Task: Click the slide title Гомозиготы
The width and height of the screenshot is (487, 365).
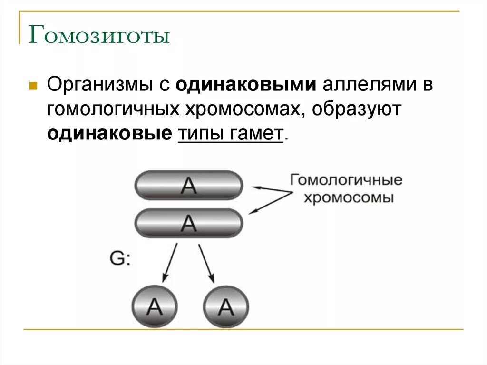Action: [99, 36]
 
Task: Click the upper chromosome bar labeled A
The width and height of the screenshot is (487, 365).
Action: [189, 185]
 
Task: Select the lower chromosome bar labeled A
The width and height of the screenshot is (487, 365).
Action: [189, 223]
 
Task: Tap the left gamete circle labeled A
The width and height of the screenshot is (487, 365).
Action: [154, 306]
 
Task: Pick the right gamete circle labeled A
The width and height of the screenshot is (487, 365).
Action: [226, 306]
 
